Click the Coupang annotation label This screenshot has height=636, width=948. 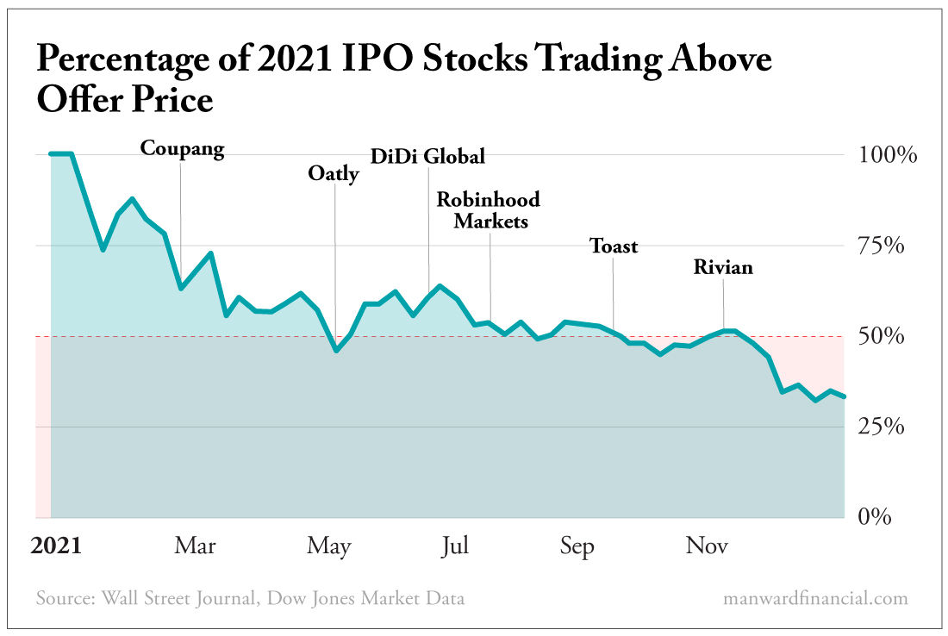pyautogui.click(x=182, y=150)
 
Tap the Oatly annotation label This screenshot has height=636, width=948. pyautogui.click(x=333, y=175)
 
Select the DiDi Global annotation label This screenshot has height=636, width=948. pyautogui.click(x=427, y=157)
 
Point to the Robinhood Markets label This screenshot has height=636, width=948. pyautogui.click(x=489, y=210)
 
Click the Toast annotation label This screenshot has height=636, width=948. pyautogui.click(x=614, y=246)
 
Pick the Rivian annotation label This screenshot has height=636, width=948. pyautogui.click(x=723, y=268)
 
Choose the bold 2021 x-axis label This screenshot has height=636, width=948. pyautogui.click(x=55, y=546)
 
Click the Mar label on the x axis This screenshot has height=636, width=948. pyautogui.click(x=195, y=546)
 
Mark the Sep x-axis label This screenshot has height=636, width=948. pyautogui.click(x=577, y=546)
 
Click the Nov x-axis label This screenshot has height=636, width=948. pyautogui.click(x=708, y=546)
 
